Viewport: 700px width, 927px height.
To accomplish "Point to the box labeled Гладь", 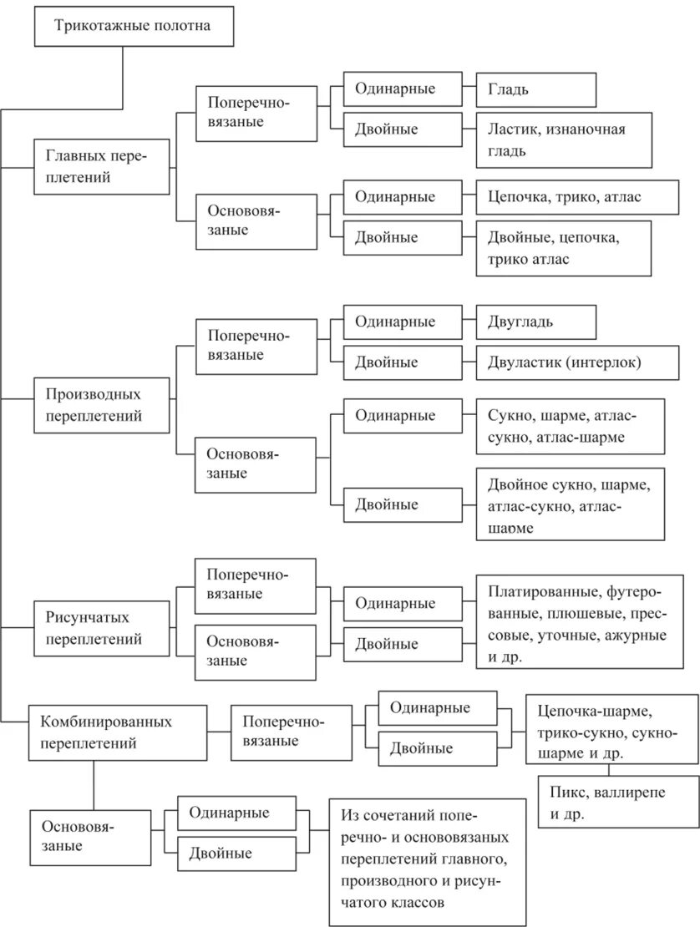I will pyautogui.click(x=536, y=89).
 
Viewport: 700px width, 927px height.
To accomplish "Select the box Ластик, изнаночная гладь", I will pyautogui.click(x=564, y=139).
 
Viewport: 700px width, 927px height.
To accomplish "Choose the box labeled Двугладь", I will pyautogui.click(x=536, y=322).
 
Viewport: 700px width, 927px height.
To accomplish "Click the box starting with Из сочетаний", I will pyautogui.click(x=427, y=861).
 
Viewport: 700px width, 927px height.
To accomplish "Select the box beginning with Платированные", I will pyautogui.click(x=579, y=625).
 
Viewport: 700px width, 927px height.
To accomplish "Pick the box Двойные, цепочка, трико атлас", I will pyautogui.click(x=564, y=248).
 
